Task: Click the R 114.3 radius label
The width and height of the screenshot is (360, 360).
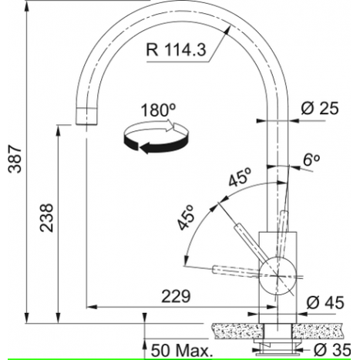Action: pos(176,49)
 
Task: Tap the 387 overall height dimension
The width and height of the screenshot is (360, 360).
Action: pos(15,159)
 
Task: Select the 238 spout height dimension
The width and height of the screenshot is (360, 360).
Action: pos(46,217)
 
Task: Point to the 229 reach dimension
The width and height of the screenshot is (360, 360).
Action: pos(176,296)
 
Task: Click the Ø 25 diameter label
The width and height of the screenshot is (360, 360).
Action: pos(320,108)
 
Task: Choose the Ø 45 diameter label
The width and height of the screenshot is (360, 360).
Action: pos(325,302)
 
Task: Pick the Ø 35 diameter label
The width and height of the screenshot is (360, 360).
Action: pos(332,350)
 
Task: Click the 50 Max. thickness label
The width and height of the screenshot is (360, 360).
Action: pos(182,351)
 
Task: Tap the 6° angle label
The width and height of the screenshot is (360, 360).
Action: pos(311,160)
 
